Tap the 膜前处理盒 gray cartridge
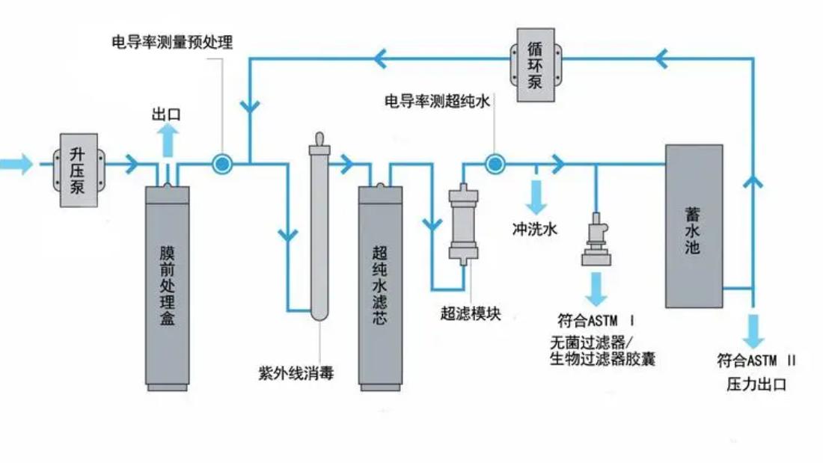point(167,284)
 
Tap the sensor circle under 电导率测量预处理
point(221,163)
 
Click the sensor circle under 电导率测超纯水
point(493,163)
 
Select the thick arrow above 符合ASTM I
point(596,287)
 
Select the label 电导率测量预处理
point(172,42)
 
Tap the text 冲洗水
point(534,230)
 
